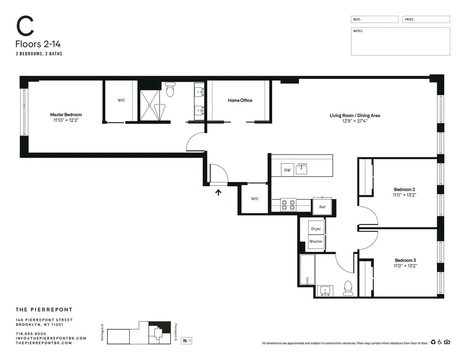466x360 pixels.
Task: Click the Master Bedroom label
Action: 66,115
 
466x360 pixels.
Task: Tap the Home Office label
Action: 240,100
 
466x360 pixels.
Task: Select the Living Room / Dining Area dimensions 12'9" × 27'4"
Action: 355,121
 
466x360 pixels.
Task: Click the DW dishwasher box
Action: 287,170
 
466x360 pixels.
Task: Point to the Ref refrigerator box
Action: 322,207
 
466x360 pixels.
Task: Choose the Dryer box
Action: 316,229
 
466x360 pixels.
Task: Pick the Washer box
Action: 316,241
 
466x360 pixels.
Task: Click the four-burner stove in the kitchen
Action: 289,205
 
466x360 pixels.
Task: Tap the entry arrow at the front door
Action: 219,191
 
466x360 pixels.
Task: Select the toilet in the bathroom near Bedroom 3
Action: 348,288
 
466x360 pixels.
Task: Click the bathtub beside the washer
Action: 307,270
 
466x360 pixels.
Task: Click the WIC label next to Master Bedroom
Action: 122,100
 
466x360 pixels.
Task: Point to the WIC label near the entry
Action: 255,199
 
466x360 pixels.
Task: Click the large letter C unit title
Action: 24,26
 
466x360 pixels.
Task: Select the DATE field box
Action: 374,19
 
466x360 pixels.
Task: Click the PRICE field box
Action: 426,19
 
